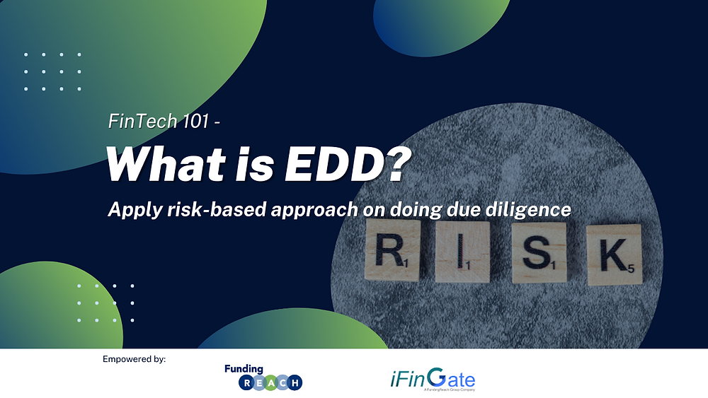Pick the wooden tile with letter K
pyautogui.click(x=613, y=254)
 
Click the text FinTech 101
pyautogui.click(x=159, y=121)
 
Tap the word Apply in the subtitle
pyautogui.click(x=130, y=210)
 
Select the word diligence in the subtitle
pyautogui.click(x=527, y=210)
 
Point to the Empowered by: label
pyautogui.click(x=135, y=360)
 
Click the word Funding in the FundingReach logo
pyautogui.click(x=244, y=370)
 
